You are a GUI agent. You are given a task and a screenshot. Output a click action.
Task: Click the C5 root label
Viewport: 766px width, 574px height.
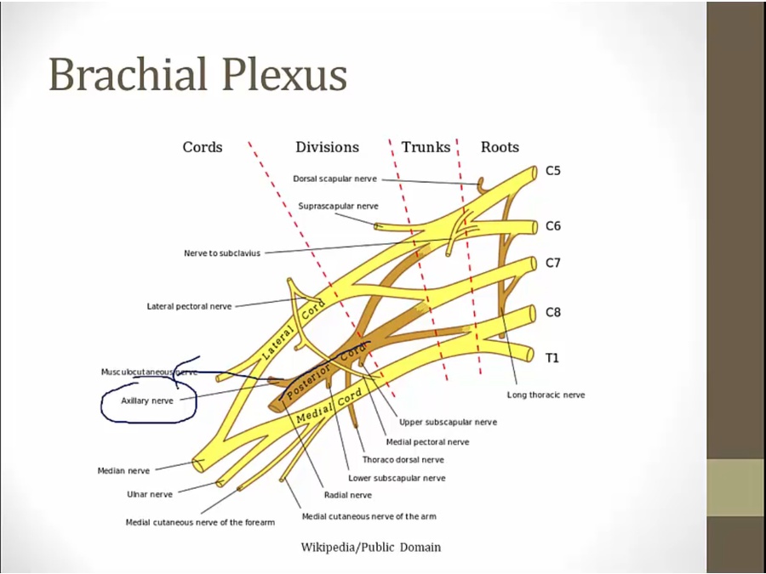pyautogui.click(x=553, y=171)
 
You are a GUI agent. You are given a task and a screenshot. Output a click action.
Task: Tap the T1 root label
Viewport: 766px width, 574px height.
pyautogui.click(x=552, y=358)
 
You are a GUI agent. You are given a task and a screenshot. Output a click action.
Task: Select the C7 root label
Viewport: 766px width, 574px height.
pyautogui.click(x=553, y=264)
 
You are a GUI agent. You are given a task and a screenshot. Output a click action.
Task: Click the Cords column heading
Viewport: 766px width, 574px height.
pyautogui.click(x=203, y=147)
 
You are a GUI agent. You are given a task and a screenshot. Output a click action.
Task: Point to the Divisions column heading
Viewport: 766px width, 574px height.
pyautogui.click(x=328, y=147)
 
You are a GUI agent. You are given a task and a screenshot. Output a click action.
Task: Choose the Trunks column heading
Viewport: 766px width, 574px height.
pyautogui.click(x=426, y=147)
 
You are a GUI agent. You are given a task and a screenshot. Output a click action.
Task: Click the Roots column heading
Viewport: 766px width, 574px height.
pyautogui.click(x=500, y=147)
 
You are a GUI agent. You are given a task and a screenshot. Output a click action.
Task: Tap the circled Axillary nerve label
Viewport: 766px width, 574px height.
pyautogui.click(x=146, y=401)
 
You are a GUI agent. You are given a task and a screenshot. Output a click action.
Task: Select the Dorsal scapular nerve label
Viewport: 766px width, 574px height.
pyautogui.click(x=334, y=179)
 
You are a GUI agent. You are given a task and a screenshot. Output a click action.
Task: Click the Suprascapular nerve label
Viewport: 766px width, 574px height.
pyautogui.click(x=338, y=206)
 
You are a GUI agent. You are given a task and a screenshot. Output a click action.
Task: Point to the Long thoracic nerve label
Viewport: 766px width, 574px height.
pyautogui.click(x=546, y=395)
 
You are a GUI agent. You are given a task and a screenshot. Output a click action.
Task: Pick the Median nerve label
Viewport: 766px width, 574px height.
pyautogui.click(x=123, y=470)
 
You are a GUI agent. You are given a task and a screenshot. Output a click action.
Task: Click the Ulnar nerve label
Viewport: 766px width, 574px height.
pyautogui.click(x=150, y=494)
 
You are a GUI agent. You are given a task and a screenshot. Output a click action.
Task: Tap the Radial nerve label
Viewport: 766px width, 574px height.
pyautogui.click(x=347, y=495)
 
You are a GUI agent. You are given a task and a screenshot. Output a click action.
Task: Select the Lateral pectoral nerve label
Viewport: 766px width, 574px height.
pyautogui.click(x=189, y=306)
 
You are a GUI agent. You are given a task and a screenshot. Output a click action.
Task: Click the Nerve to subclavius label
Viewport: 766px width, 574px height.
pyautogui.click(x=222, y=253)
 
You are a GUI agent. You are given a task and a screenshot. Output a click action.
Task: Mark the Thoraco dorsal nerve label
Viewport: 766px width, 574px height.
pyautogui.click(x=403, y=460)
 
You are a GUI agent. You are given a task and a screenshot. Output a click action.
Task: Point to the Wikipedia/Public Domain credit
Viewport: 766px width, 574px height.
pyautogui.click(x=371, y=547)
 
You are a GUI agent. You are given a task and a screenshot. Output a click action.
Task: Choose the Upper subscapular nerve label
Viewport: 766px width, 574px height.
pyautogui.click(x=448, y=422)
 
